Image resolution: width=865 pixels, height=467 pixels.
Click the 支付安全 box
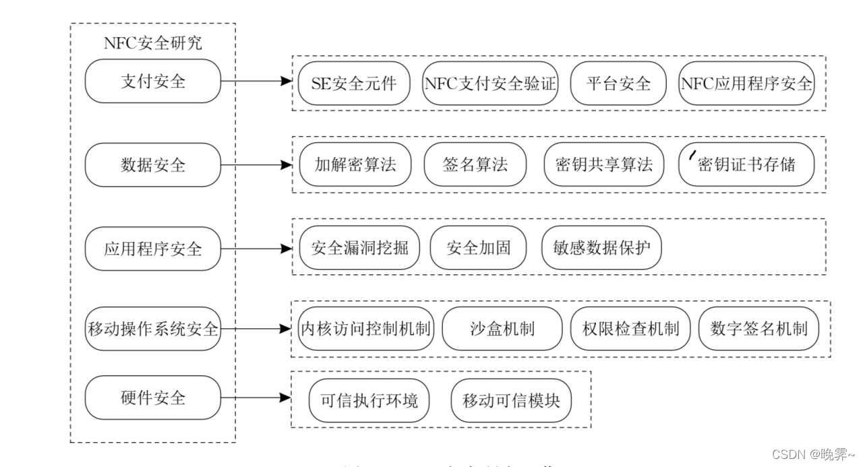click(153, 82)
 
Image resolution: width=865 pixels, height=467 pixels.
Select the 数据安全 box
click(153, 164)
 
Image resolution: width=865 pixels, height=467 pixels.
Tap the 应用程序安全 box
click(153, 248)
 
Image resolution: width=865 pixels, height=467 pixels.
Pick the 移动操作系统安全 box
click(153, 329)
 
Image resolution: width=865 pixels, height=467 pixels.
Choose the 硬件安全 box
click(153, 398)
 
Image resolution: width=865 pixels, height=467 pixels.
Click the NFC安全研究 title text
click(153, 44)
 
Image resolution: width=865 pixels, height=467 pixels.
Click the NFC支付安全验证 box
click(490, 83)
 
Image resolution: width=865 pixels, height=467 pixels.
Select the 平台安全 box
click(618, 83)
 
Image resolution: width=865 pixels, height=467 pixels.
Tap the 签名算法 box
click(475, 164)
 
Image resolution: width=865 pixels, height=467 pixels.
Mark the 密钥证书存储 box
click(746, 164)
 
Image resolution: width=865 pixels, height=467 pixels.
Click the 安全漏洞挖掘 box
click(359, 247)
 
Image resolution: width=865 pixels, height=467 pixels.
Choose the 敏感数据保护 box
click(601, 247)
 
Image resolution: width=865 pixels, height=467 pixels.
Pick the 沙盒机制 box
click(502, 329)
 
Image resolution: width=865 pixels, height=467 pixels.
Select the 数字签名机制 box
click(758, 329)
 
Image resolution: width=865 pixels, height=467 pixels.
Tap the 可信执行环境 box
click(369, 400)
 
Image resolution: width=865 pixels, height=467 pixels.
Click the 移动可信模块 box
click(511, 400)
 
